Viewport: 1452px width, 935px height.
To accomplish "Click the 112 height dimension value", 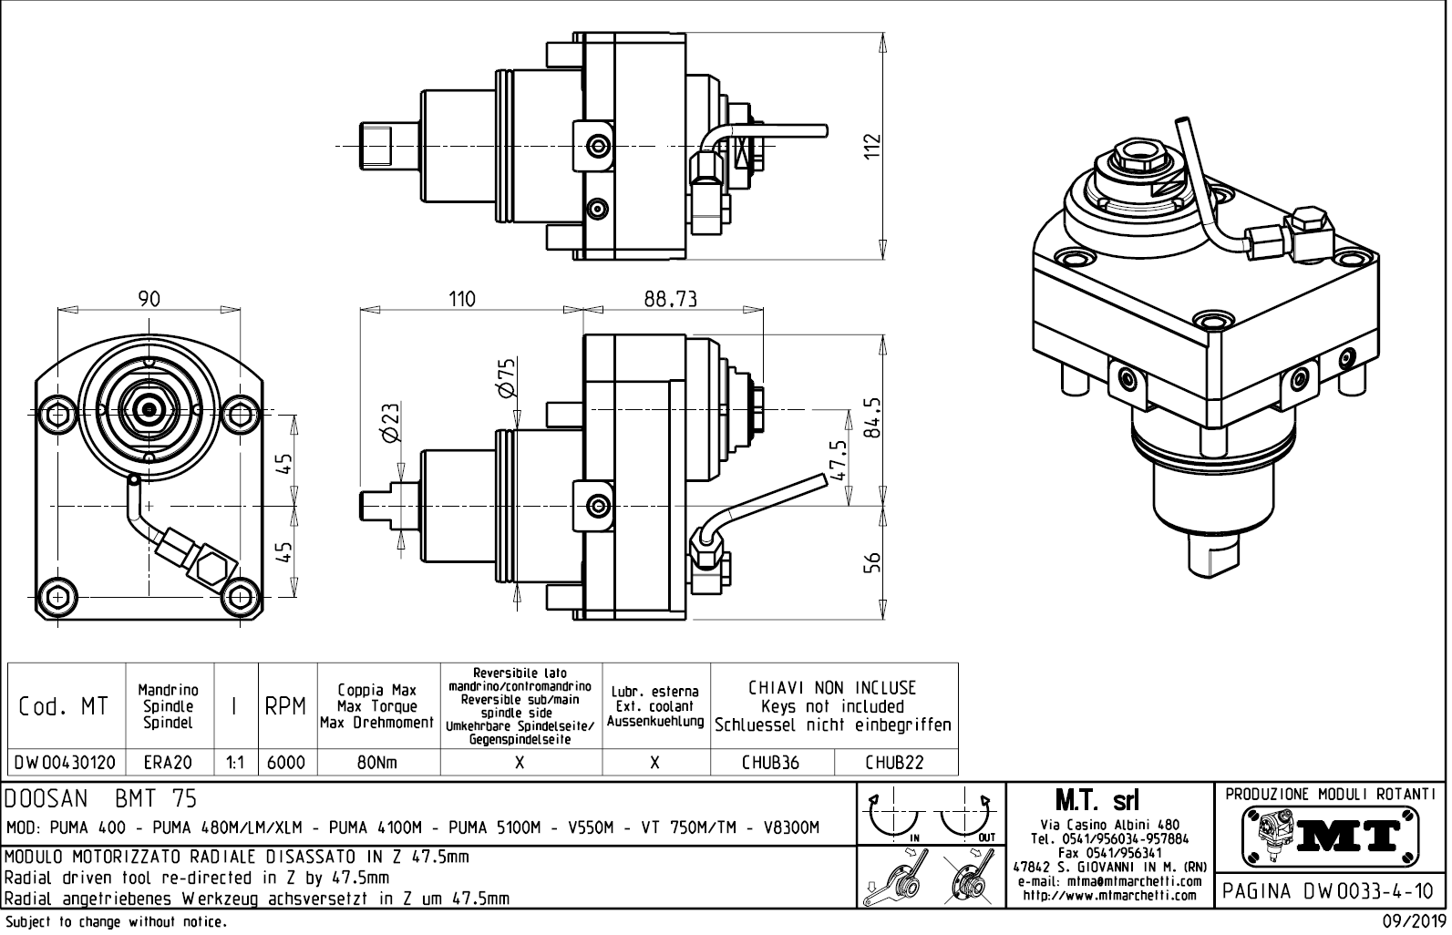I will (872, 146).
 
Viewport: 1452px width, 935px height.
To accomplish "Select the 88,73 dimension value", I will (670, 298).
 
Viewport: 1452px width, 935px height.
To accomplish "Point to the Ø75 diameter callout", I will (507, 377).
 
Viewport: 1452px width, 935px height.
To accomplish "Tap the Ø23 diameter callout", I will (390, 423).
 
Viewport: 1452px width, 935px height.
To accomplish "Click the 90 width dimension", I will (149, 298).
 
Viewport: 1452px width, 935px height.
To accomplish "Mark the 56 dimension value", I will (872, 562).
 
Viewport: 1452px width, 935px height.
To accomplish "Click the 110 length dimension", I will (462, 298).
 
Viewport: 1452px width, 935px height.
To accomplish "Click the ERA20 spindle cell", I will (168, 763).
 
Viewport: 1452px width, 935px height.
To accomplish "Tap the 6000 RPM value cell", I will (285, 763).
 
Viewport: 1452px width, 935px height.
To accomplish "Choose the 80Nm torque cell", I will (376, 763).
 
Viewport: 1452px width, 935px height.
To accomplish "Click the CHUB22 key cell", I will (894, 763).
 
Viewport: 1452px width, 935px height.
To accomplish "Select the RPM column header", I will (285, 706).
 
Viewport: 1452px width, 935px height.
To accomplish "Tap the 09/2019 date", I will (1414, 922).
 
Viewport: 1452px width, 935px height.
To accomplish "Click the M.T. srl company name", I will (1107, 801).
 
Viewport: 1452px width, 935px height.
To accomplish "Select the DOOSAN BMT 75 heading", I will (100, 799).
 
